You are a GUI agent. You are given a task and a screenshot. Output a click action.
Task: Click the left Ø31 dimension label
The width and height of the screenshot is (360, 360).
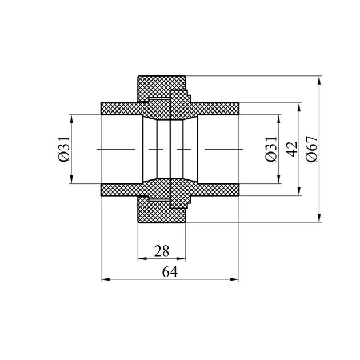[x=64, y=149]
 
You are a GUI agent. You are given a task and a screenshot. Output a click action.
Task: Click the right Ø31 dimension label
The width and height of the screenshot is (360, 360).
[x=271, y=149]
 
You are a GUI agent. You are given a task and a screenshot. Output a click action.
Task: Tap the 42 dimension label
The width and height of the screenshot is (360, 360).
[x=293, y=149]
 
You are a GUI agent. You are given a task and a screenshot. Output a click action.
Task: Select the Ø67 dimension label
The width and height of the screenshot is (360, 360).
[x=312, y=149]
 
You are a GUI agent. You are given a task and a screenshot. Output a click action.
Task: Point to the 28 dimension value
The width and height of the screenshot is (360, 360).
[x=162, y=251]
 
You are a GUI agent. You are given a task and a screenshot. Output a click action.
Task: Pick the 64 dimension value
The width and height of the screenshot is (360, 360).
[x=170, y=272]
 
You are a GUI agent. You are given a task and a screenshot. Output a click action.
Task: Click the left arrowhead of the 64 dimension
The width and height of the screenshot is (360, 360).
[x=105, y=279]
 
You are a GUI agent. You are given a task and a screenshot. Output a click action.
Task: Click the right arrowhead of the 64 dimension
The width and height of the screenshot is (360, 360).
[x=235, y=279]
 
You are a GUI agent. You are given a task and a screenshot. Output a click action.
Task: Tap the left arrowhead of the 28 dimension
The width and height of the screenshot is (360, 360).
[x=142, y=259]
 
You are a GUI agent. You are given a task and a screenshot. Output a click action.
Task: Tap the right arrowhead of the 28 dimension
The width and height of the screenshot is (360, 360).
[x=181, y=259]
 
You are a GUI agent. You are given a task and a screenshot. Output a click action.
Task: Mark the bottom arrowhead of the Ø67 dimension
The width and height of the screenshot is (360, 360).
[x=319, y=218]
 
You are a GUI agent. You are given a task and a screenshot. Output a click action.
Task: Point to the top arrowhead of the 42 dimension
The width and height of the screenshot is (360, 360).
[x=299, y=107]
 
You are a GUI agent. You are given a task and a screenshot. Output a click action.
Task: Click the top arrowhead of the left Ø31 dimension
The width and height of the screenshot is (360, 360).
[x=71, y=119]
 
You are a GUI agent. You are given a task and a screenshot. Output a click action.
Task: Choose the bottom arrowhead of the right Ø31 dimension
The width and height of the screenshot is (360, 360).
[x=279, y=179]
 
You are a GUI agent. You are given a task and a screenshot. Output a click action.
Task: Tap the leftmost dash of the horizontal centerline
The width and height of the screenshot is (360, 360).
[x=116, y=149]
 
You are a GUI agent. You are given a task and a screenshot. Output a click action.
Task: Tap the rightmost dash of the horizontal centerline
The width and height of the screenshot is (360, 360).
[x=224, y=149]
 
